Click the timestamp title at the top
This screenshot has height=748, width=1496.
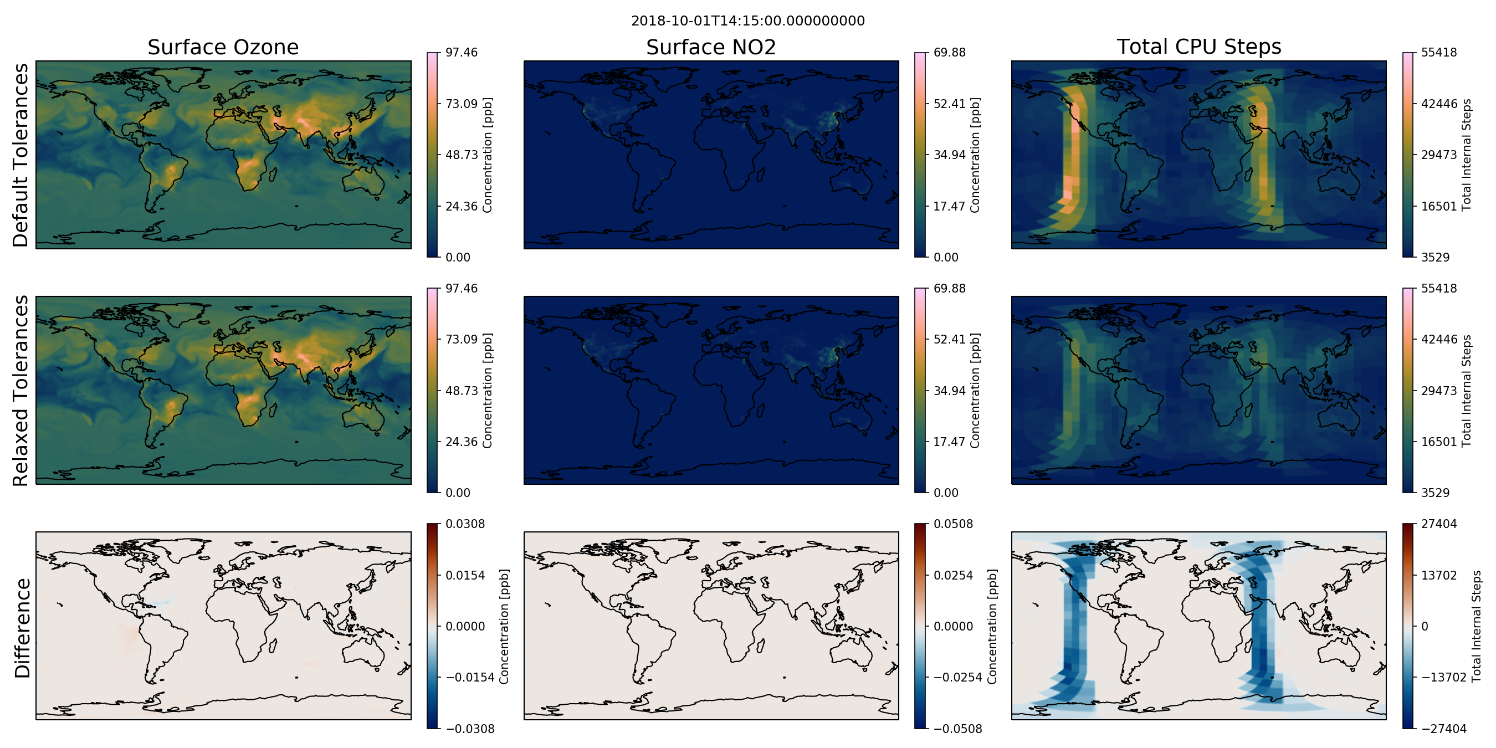pos(747,21)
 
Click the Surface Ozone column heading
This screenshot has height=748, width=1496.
pos(223,47)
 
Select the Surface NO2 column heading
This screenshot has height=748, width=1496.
pos(711,47)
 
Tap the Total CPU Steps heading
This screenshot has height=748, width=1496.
pos(1198,47)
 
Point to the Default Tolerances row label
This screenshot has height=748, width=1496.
pos(21,155)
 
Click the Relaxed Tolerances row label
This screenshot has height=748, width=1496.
pos(21,390)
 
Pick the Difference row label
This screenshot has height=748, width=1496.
pos(22,628)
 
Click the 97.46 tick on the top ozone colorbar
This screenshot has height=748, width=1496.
pos(461,52)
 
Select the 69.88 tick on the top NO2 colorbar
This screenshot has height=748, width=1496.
pos(949,52)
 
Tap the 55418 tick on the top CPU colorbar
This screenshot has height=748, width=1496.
pos(1438,52)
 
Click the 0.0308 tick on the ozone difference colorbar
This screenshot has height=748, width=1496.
pos(465,524)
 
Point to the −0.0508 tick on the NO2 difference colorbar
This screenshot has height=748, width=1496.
pos(957,729)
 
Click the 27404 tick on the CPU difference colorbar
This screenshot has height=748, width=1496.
pos(1438,524)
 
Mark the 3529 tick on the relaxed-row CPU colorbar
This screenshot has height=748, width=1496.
pos(1435,493)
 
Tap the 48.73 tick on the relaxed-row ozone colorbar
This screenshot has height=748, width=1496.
pos(461,390)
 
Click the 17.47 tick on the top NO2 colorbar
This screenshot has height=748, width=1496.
pos(949,206)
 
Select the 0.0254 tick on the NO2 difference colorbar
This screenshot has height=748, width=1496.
pos(952,576)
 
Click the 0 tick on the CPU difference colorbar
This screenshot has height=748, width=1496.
pos(1425,627)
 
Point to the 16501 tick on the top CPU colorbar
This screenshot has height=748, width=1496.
pos(1438,206)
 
